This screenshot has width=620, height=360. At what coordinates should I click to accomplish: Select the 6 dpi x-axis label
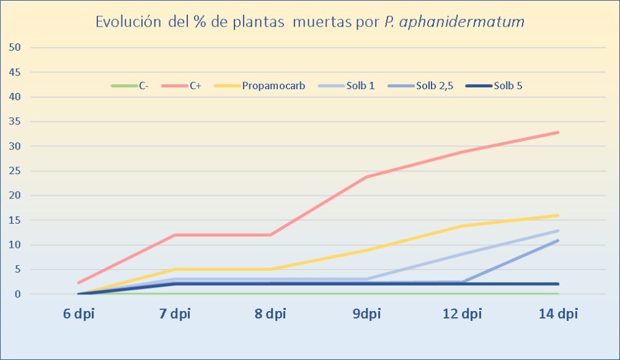(x=80, y=314)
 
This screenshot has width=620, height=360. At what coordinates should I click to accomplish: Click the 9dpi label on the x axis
(x=367, y=314)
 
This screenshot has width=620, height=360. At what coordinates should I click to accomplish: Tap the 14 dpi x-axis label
(x=558, y=314)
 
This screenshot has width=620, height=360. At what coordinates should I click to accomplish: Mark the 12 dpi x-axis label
(x=463, y=314)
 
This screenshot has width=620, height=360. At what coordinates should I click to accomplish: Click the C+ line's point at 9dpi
(x=367, y=177)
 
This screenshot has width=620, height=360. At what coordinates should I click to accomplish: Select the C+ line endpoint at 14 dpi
(x=558, y=132)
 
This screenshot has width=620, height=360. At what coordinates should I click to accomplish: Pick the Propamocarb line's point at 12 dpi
(x=463, y=226)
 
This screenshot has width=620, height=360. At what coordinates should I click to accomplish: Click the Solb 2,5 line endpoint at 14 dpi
(x=558, y=240)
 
